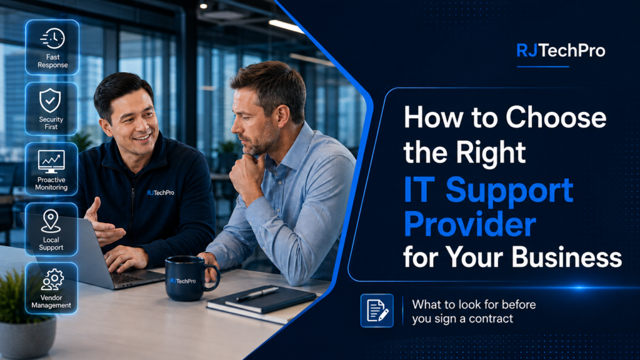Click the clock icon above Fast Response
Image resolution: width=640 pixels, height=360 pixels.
[52, 39]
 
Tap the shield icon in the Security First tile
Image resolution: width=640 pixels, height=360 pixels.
[50, 101]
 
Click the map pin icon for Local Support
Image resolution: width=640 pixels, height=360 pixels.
[51, 221]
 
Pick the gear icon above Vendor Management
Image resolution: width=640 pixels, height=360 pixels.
[52, 281]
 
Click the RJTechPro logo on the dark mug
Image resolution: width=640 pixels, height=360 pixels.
[183, 281]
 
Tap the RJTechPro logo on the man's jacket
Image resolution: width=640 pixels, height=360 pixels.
[161, 192]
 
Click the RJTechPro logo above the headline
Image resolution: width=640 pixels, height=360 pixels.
[561, 51]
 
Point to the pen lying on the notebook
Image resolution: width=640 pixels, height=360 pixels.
[257, 294]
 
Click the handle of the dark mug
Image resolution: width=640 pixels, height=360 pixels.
[212, 278]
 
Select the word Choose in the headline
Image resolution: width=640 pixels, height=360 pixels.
[556, 117]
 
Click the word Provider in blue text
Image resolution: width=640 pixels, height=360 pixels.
[470, 224]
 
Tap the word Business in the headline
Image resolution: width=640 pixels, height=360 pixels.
[566, 257]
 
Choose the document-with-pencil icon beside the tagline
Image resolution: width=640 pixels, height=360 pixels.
[377, 311]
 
